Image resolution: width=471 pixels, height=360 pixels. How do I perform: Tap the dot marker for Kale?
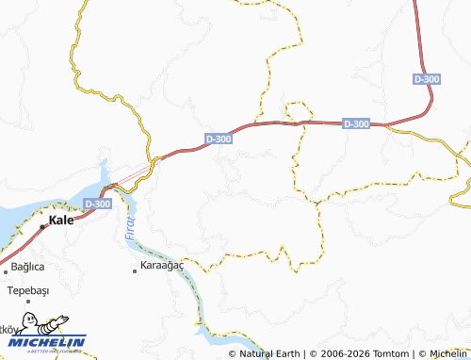(x=42, y=226)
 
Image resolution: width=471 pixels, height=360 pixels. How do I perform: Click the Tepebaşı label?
(x=27, y=289)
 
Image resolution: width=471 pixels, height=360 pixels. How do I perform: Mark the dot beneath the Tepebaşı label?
(x=27, y=302)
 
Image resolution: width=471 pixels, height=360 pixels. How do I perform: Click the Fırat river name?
(x=128, y=229)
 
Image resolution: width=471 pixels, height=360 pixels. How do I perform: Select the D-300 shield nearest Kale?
(x=96, y=203)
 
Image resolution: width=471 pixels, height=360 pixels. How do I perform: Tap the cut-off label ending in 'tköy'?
(x=7, y=329)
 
